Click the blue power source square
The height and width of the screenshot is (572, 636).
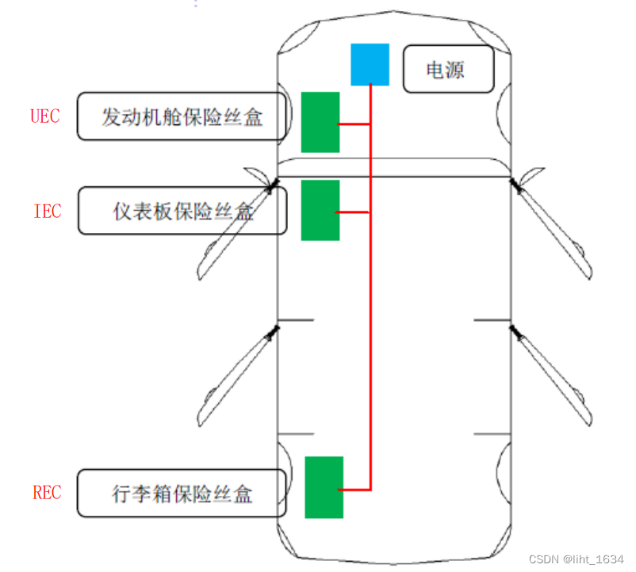pos(370,64)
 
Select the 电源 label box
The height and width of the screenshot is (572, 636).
pos(448,70)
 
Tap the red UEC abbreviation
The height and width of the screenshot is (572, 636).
pos(45,116)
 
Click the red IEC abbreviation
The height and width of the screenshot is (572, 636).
pos(47,212)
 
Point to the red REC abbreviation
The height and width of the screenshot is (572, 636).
pos(47,492)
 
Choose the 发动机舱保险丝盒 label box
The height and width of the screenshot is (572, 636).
pos(182,116)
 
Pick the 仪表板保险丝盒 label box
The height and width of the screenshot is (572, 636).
pos(182,211)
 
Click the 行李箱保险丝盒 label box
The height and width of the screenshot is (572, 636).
pos(182,493)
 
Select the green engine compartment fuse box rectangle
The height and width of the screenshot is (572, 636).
pos(320,122)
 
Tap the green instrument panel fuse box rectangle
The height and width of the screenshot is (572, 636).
pos(320,210)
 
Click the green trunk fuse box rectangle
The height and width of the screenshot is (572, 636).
pos(324,487)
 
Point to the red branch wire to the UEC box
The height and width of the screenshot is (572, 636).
pos(354,124)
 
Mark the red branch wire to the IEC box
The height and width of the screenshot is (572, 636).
pos(354,212)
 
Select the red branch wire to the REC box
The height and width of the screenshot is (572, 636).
pos(357,489)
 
